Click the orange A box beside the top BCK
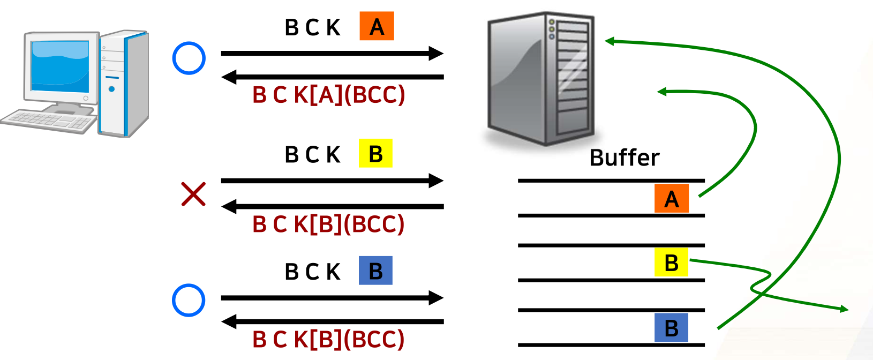click(x=377, y=26)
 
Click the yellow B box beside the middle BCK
click(x=375, y=154)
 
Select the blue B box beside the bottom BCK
click(x=375, y=271)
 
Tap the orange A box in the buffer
click(x=671, y=199)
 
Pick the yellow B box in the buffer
click(x=671, y=262)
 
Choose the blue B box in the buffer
click(x=671, y=328)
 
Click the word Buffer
click(x=624, y=157)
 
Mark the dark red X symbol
click(x=193, y=194)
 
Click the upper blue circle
click(x=189, y=58)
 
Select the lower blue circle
click(x=189, y=300)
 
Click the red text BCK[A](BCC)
click(x=328, y=95)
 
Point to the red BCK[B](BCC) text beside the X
click(x=328, y=224)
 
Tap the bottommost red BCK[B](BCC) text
click(x=328, y=339)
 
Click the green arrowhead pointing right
click(x=844, y=309)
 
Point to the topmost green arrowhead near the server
click(x=609, y=41)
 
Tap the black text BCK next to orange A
click(x=312, y=27)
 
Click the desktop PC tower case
click(x=123, y=83)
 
